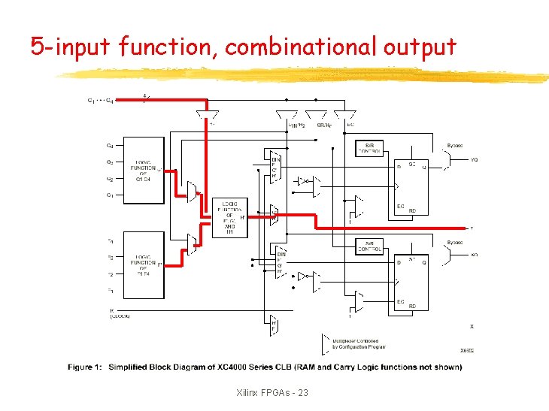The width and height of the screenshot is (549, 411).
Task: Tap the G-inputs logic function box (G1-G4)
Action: (x=144, y=171)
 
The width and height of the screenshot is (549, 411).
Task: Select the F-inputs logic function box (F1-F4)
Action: (x=144, y=262)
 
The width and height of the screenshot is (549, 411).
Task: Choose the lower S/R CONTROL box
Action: (x=369, y=246)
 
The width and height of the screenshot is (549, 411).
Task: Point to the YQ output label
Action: (x=474, y=159)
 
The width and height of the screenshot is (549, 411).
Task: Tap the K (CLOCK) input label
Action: (x=120, y=313)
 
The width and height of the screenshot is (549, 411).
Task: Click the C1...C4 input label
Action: (x=100, y=101)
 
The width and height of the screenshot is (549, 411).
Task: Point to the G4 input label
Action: (x=110, y=146)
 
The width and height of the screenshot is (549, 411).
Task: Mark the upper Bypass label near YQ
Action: (x=455, y=145)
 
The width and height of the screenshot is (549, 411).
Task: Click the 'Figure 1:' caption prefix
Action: (x=85, y=367)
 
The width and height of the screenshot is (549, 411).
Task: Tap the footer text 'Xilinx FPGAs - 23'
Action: (x=271, y=393)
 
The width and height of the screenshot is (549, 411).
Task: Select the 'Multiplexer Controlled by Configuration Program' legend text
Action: (x=359, y=344)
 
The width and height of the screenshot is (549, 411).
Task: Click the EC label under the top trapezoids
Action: (x=350, y=125)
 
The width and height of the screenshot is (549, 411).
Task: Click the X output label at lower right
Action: (x=471, y=326)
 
